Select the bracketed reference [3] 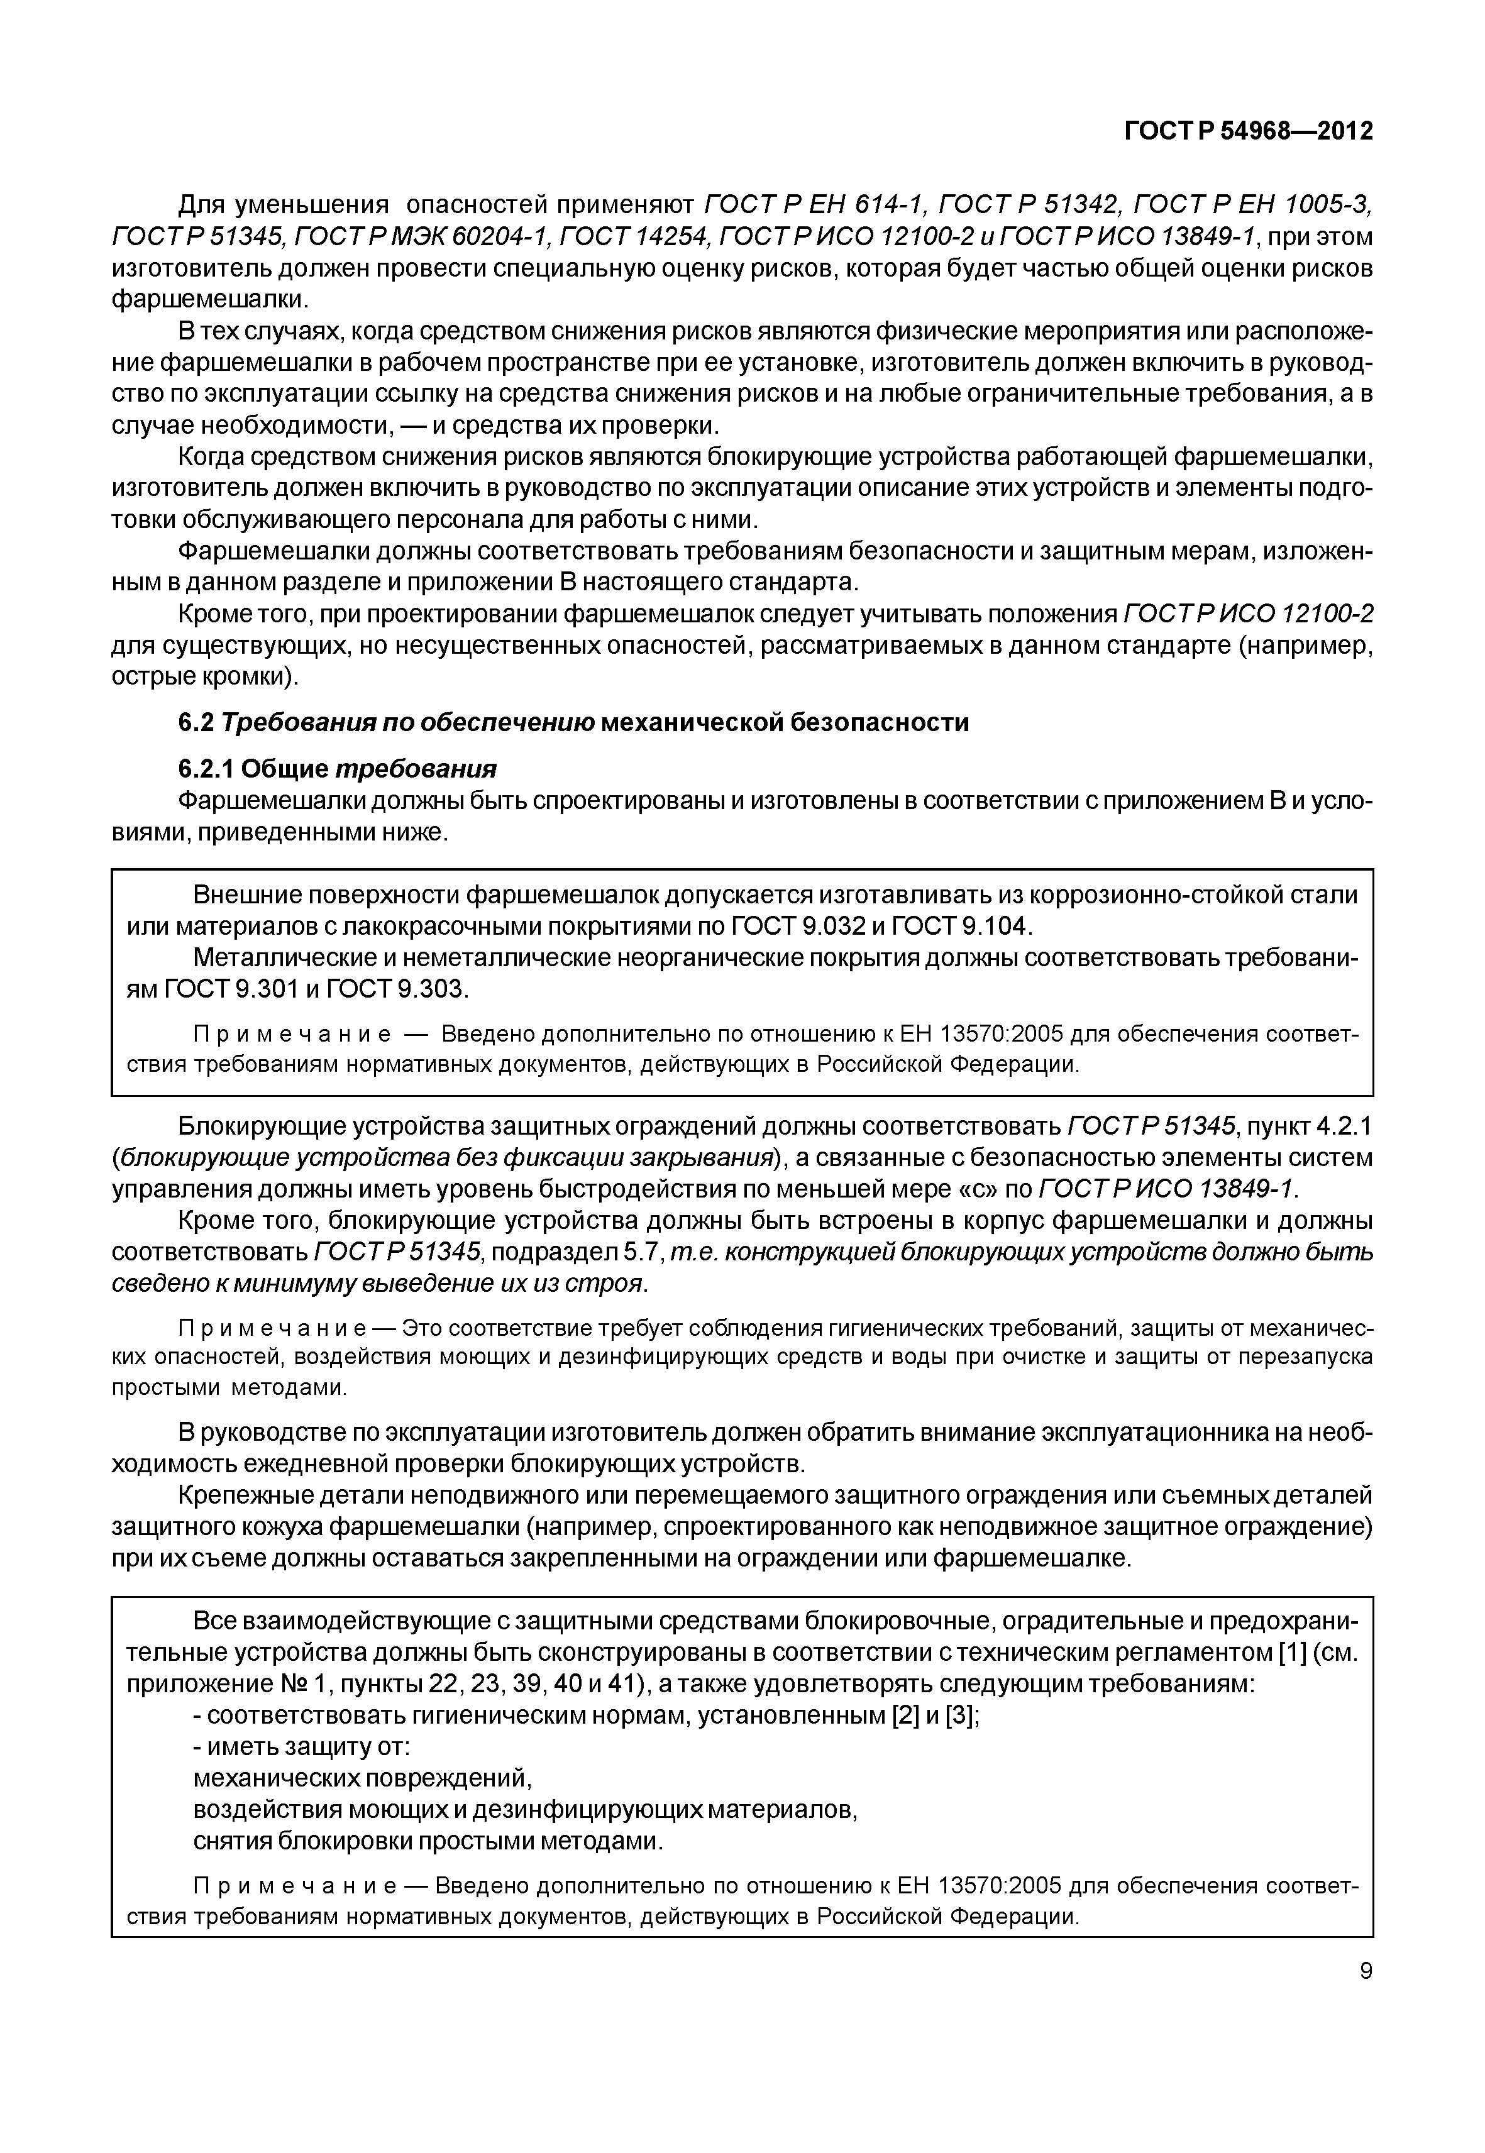coord(959,1715)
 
